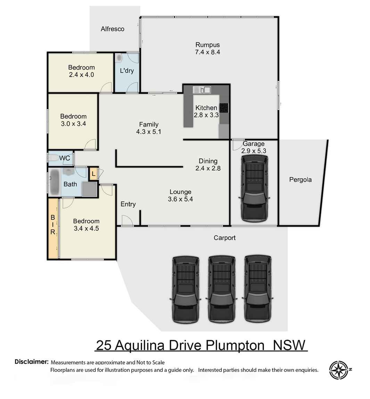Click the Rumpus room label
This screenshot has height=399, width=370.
pos(207,45)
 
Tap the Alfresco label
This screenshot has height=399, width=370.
pos(112,29)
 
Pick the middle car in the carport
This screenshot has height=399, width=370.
pos(221,289)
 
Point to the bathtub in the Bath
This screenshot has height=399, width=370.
pos(55,182)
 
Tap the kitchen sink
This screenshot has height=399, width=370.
pos(202,90)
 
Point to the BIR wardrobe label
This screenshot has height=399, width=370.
pos(53,224)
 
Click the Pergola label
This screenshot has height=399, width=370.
pos(300,180)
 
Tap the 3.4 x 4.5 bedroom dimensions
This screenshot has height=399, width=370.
pos(86,229)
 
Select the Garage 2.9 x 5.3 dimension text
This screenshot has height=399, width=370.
pos(254,151)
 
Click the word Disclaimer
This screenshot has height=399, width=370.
pos(31,362)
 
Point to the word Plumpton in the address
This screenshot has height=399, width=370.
pos(235,346)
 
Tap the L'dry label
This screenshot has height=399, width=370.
pos(126,71)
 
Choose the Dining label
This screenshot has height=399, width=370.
pos(208,161)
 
